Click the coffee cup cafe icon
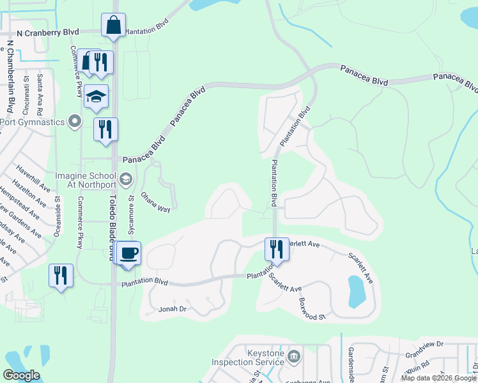[x=129, y=252]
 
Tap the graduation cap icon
[x=95, y=96]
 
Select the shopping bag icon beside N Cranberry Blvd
[x=113, y=26]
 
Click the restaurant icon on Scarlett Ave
[x=277, y=248]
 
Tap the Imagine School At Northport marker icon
[x=125, y=177]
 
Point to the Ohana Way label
[x=155, y=200]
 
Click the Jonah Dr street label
[x=173, y=309]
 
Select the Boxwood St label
[x=313, y=312]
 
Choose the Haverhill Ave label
[x=33, y=179]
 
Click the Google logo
[x=21, y=375]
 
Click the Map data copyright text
[x=438, y=378]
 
